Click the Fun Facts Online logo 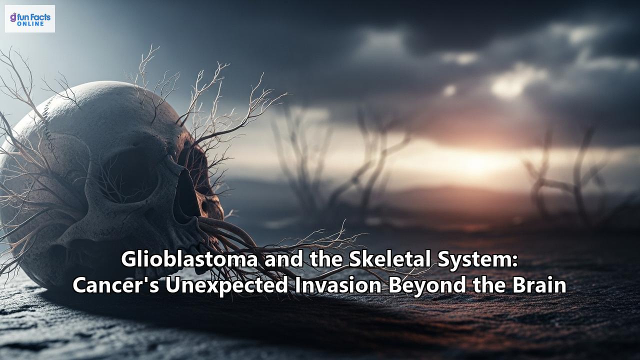[30, 19]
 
